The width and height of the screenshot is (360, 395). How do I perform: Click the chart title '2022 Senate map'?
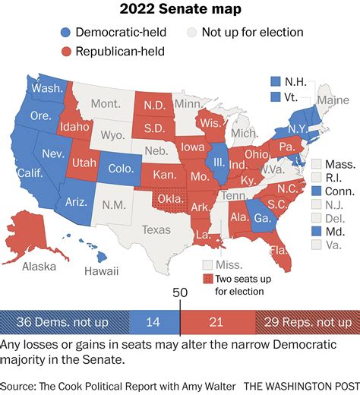click(180, 11)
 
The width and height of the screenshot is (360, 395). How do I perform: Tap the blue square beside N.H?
click(276, 81)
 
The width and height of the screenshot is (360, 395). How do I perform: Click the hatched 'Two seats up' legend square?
click(206, 279)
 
